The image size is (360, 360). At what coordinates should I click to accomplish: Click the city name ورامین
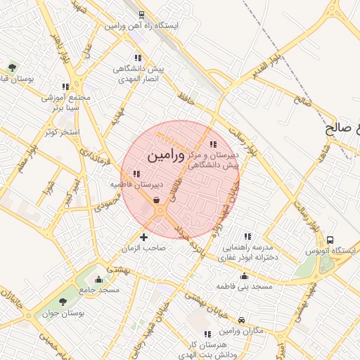(x=167, y=156)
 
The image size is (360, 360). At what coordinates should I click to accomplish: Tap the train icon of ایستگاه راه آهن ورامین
(x=141, y=15)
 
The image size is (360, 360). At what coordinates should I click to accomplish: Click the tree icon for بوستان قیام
(x=12, y=67)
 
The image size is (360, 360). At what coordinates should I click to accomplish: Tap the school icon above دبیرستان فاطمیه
(x=136, y=173)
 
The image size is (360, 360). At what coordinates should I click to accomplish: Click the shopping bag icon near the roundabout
(x=155, y=200)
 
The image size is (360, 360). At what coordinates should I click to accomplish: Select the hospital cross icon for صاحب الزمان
(x=144, y=236)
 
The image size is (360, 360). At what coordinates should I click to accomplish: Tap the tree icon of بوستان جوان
(x=63, y=300)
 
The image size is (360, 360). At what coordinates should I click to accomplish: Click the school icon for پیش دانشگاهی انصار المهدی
(x=136, y=58)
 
